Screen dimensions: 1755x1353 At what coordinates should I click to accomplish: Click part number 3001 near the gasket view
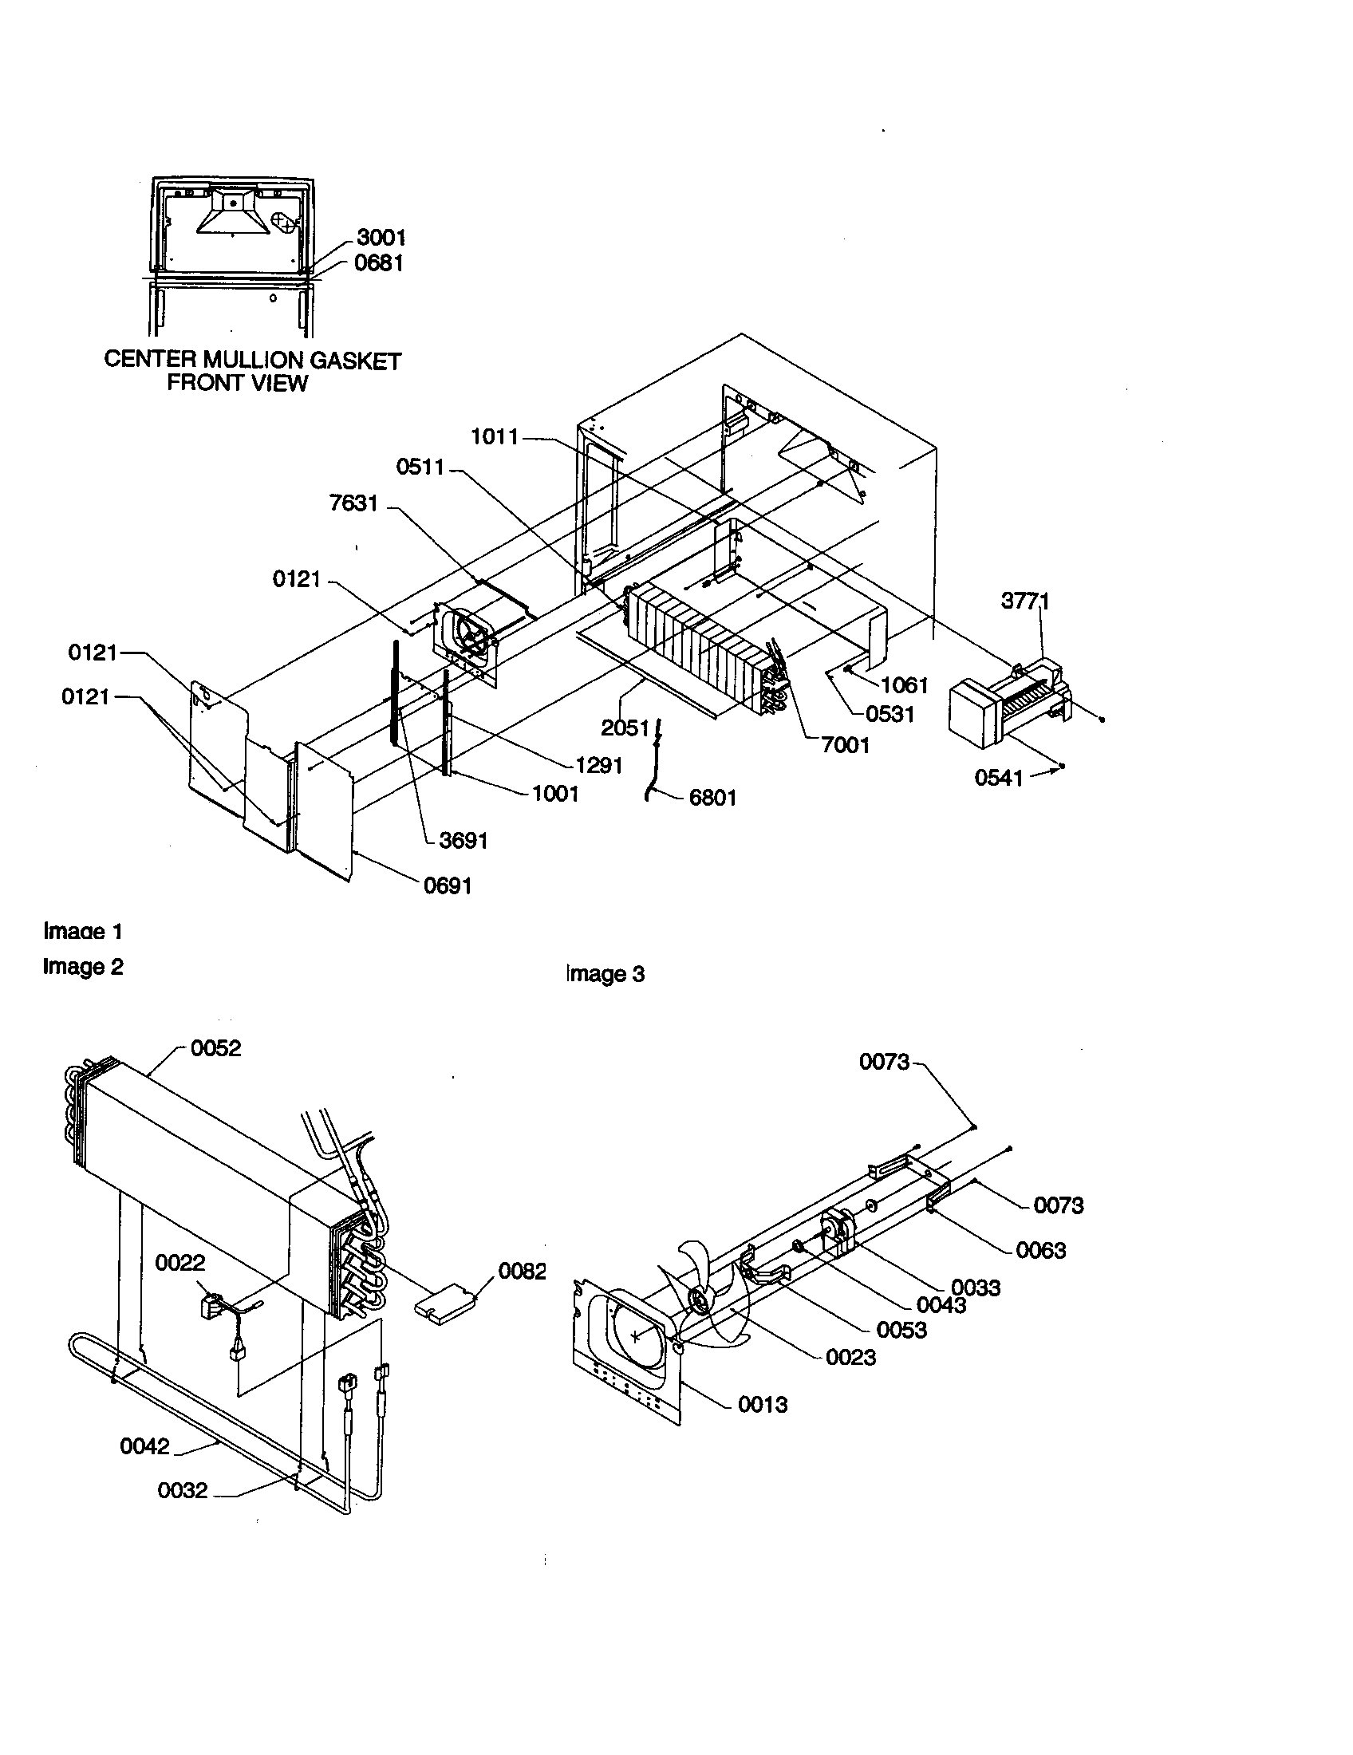381,237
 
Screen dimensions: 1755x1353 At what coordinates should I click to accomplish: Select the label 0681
378,262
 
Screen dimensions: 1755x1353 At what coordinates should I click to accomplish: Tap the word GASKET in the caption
355,361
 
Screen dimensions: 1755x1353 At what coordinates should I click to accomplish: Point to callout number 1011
495,437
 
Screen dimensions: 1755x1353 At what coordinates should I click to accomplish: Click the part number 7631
353,504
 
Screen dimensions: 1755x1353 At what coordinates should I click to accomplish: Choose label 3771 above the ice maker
1025,600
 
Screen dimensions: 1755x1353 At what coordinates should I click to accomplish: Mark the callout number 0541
999,777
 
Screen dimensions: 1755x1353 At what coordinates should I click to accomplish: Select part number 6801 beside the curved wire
712,797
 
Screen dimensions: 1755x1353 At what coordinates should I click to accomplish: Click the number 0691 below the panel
448,885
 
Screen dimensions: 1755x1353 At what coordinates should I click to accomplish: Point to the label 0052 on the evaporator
215,1048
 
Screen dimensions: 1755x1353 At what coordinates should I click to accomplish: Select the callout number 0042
144,1446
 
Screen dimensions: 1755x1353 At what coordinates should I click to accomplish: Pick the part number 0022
180,1263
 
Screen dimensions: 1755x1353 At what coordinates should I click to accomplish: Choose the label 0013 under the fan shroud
763,1405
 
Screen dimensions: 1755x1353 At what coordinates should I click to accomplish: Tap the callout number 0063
1040,1250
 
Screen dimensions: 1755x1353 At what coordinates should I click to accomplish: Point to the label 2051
625,728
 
